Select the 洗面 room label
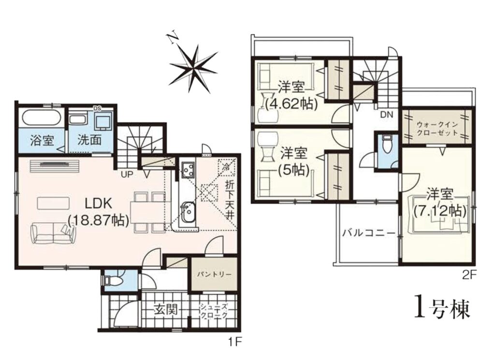coord(89,140)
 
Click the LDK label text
coord(99,203)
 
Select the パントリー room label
coord(215,274)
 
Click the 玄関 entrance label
coord(165,310)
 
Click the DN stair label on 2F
coord(387,115)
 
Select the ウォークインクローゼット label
coord(437,128)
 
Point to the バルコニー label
coord(369,233)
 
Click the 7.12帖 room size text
coord(440,211)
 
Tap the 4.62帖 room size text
coord(291,103)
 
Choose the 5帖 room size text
coord(292,170)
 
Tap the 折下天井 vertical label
coord(230,200)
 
